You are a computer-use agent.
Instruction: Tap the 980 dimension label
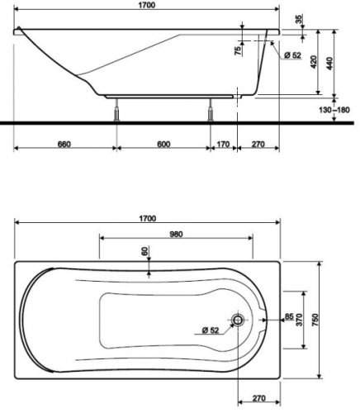[173, 234]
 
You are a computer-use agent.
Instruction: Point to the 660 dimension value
[63, 145]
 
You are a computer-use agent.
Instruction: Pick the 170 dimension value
[222, 145]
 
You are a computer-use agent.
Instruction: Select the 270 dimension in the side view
[258, 145]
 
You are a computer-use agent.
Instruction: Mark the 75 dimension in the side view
[238, 51]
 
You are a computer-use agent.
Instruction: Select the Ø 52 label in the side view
[291, 55]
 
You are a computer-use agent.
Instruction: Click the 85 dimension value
[288, 315]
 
